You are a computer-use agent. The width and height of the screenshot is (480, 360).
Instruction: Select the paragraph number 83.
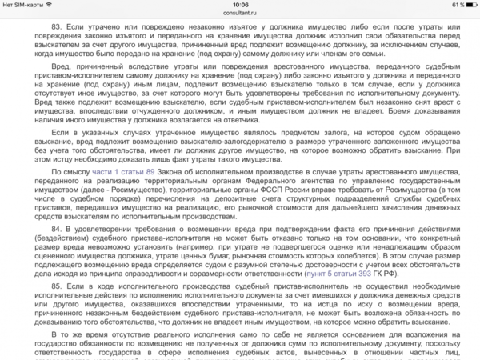point(58,26)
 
